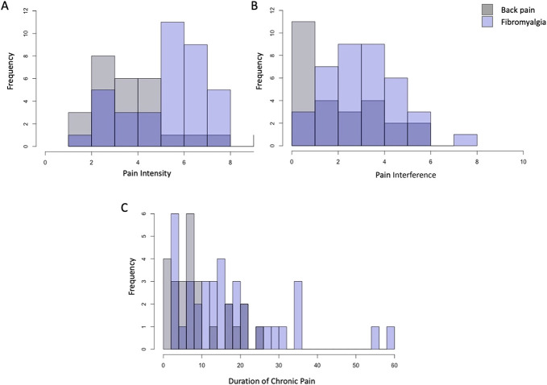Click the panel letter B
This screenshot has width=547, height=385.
276,6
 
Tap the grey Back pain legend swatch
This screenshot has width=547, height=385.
488,10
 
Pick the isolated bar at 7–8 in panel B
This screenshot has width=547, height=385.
465,140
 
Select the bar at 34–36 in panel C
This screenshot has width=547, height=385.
298,315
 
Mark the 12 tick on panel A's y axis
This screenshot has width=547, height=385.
33,10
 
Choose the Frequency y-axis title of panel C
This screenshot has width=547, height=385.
132,283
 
